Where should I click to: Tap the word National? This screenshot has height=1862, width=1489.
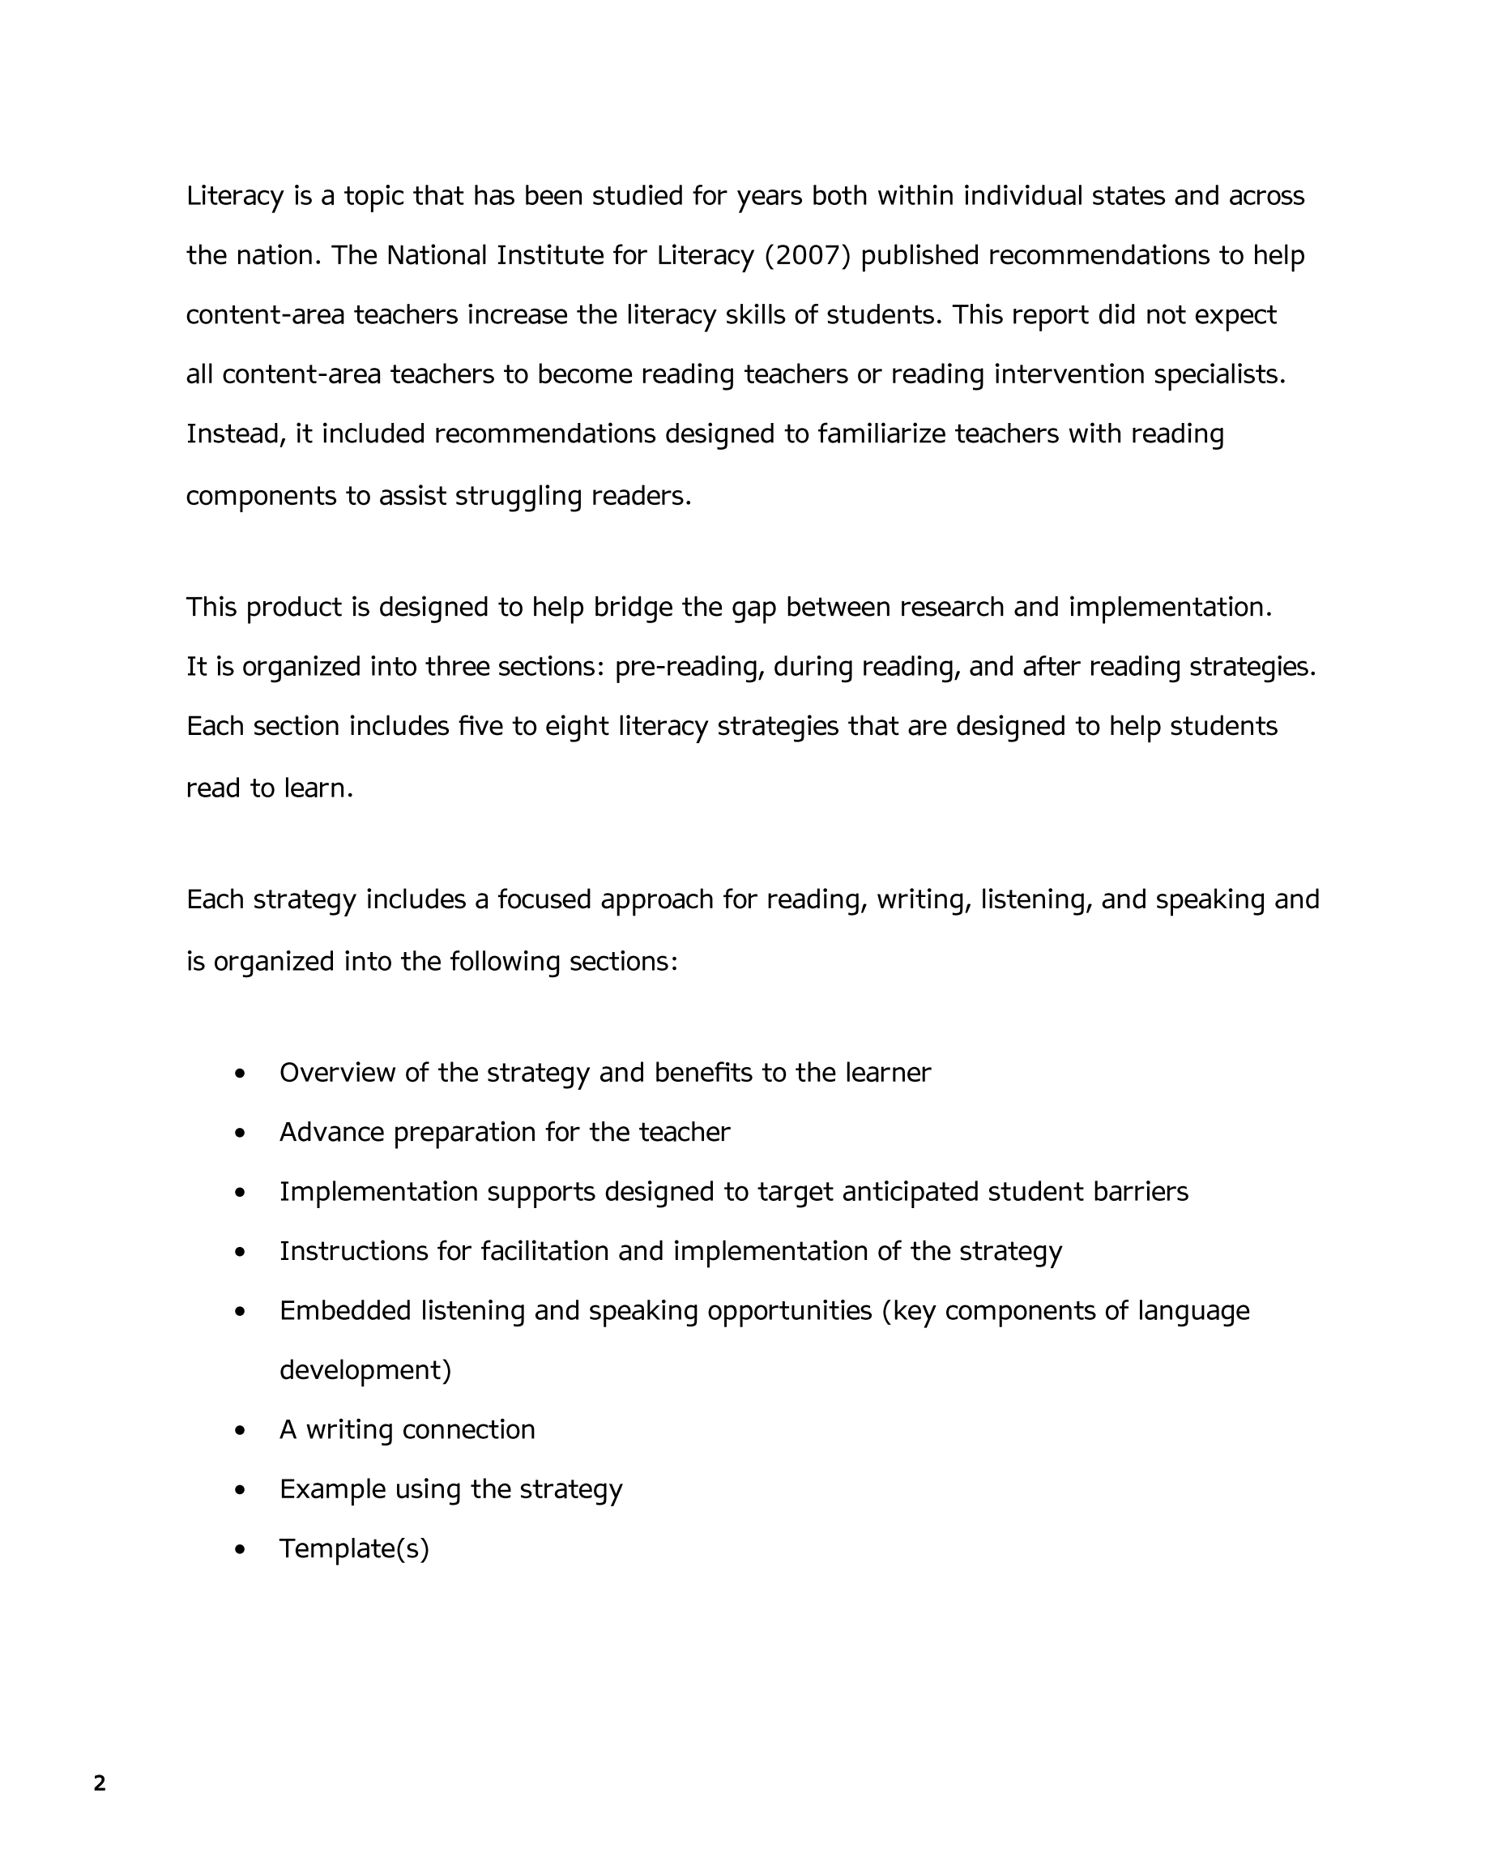click(436, 255)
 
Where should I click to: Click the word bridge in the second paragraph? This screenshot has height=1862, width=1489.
click(633, 608)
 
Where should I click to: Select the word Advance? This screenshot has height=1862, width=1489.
click(331, 1132)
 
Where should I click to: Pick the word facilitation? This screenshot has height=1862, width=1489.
click(545, 1251)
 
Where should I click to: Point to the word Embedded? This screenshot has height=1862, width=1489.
click(345, 1311)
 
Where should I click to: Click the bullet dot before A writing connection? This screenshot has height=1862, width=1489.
click(240, 1431)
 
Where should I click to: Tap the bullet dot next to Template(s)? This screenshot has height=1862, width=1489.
click(240, 1550)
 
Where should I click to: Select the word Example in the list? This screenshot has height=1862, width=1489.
click(332, 1490)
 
